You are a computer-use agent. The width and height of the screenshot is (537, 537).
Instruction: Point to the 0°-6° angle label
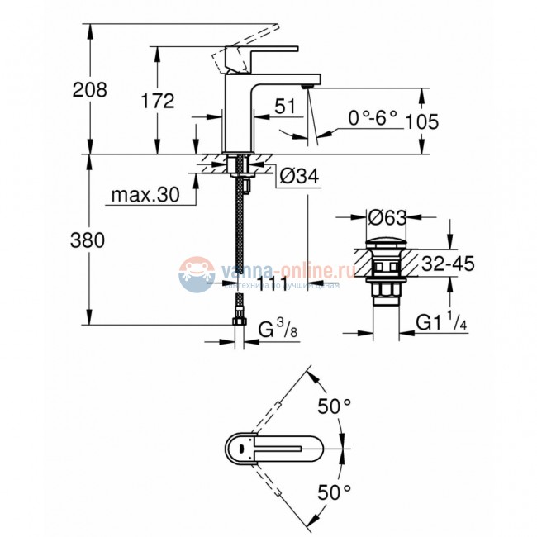click(372, 120)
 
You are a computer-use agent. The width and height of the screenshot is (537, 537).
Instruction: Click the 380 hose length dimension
click(88, 241)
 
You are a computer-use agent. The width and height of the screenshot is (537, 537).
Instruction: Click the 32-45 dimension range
click(445, 264)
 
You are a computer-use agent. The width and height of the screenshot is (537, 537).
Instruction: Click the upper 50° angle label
click(335, 407)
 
